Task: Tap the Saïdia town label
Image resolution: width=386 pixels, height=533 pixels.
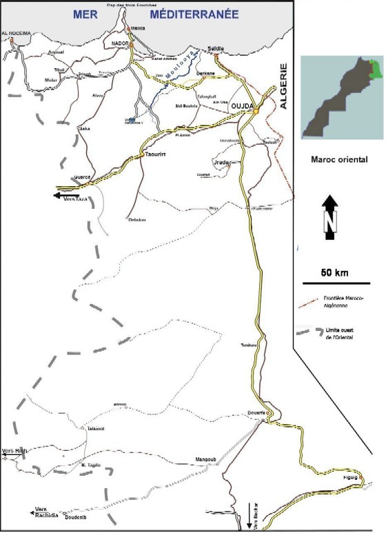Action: click(x=216, y=48)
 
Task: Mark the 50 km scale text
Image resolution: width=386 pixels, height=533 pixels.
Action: click(x=335, y=272)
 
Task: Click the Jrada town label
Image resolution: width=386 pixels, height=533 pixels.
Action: click(x=221, y=163)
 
